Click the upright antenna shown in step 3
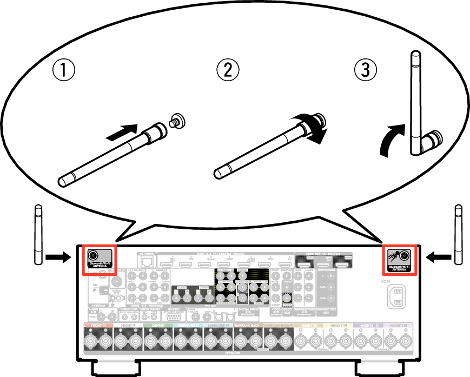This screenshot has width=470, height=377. click(x=416, y=103)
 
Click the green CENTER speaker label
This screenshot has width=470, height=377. click(x=158, y=326)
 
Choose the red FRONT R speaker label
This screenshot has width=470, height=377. click(x=98, y=326)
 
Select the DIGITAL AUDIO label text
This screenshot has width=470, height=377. click(x=247, y=310)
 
